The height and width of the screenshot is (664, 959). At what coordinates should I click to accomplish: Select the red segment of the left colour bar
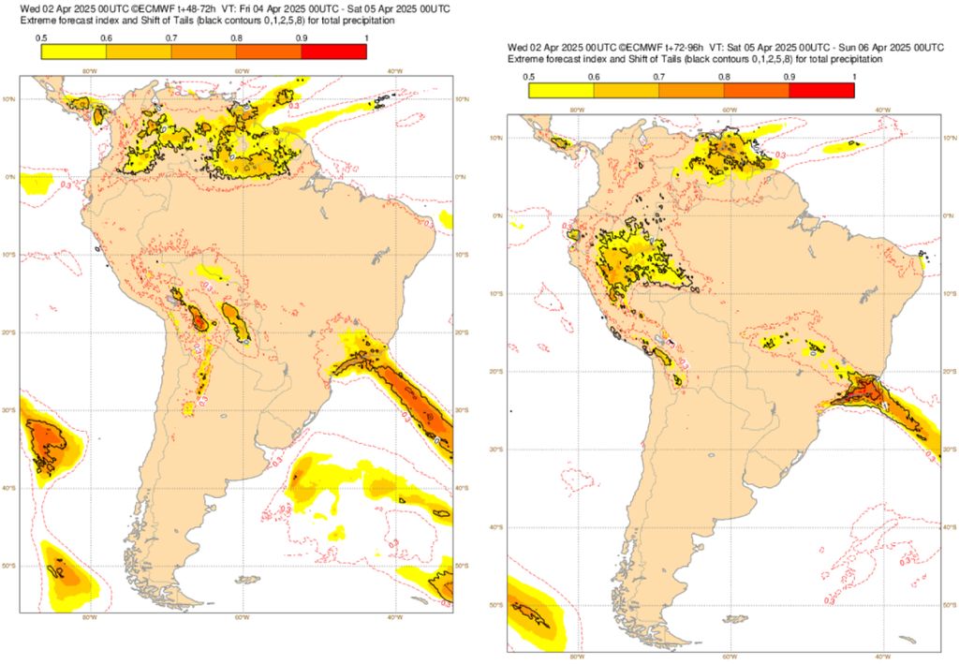[334, 52]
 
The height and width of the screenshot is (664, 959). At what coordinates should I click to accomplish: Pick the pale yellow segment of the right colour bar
[561, 90]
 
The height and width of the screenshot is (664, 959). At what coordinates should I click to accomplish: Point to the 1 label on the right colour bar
[852, 76]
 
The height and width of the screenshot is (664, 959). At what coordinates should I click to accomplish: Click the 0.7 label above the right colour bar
[659, 76]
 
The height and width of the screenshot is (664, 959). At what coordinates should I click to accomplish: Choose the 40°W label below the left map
[394, 617]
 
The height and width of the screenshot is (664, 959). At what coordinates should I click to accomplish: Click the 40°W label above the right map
[882, 110]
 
